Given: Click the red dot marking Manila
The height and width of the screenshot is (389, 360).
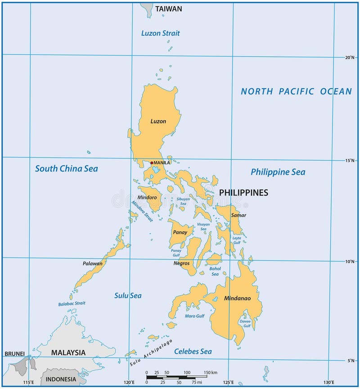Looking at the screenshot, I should [x=152, y=163].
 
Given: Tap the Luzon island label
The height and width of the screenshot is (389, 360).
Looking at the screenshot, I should [x=158, y=121].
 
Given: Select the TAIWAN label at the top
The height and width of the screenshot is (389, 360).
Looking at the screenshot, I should [x=169, y=9].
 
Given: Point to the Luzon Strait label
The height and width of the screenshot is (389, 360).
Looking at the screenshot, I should [x=161, y=33].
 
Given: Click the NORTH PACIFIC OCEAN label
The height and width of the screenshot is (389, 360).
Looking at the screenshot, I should [x=296, y=91].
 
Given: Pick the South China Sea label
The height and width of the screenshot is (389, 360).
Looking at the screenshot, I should [x=67, y=169].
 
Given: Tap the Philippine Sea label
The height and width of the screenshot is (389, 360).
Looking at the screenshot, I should [x=278, y=172].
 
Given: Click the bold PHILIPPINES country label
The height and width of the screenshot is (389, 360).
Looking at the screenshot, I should [x=243, y=193].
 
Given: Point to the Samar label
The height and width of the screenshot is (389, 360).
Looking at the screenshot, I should [x=238, y=215].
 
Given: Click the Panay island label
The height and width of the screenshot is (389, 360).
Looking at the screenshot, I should [x=180, y=232].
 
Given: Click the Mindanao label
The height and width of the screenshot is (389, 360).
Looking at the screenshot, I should [x=237, y=298].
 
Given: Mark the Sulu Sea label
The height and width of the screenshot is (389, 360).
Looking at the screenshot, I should [x=128, y=295].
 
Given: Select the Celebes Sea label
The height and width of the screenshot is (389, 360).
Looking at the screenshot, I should [x=193, y=351].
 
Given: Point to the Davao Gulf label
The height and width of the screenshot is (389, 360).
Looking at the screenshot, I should [x=245, y=323].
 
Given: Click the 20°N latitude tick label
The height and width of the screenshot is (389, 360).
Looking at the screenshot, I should [x=350, y=58].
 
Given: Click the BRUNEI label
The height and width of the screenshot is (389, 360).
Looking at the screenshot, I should [x=14, y=354].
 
